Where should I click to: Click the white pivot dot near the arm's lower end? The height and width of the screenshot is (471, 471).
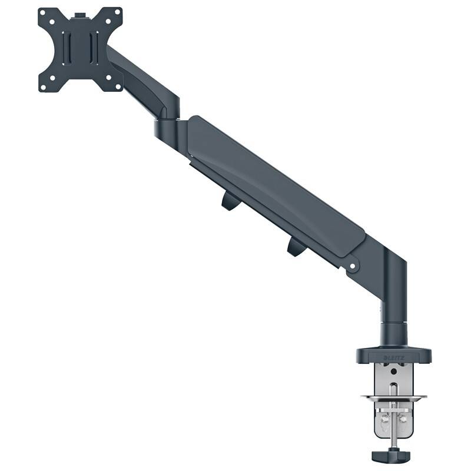coord(353,267)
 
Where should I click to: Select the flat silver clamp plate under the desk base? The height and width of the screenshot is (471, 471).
coord(393,399)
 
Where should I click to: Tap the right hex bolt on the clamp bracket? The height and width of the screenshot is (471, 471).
coord(403,419)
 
